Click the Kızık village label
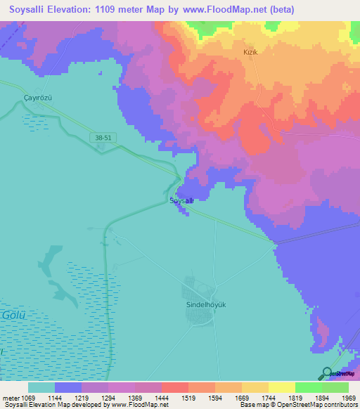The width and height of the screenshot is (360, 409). [252, 53]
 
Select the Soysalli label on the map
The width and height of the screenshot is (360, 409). [181, 200]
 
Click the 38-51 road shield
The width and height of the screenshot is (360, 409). [103, 139]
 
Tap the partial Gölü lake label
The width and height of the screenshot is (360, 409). [13, 315]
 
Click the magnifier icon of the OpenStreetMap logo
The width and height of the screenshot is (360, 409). [326, 373]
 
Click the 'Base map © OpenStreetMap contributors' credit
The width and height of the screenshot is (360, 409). [297, 405]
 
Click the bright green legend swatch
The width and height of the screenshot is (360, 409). [308, 387]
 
